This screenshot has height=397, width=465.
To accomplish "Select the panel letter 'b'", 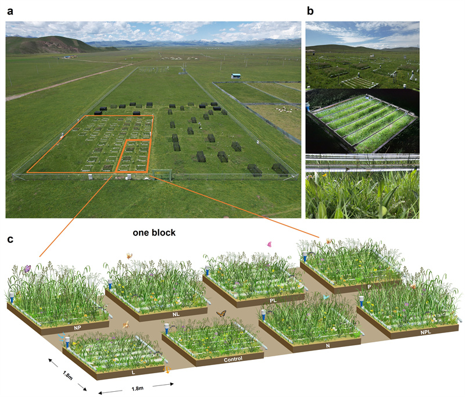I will pos(310,10).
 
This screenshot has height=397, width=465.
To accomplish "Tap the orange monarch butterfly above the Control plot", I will pos(221,314).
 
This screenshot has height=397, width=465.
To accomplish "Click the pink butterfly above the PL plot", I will pos(270,245).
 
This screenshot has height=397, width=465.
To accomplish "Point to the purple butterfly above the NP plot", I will pos(27,269).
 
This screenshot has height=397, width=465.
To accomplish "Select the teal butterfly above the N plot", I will pos(327,296).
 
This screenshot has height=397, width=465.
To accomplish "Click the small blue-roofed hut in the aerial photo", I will pos(236,76).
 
